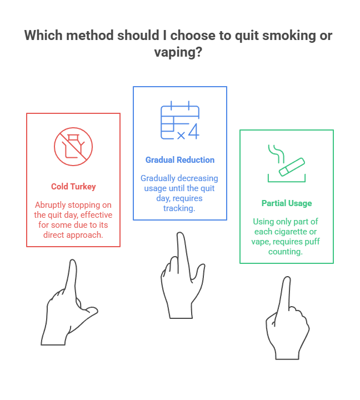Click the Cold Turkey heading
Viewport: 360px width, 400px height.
click(x=73, y=187)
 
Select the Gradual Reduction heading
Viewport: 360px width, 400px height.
click(x=180, y=160)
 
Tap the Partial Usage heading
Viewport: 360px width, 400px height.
click(x=286, y=203)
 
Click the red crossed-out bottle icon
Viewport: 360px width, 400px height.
click(x=73, y=147)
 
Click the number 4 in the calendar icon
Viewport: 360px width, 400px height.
click(x=193, y=133)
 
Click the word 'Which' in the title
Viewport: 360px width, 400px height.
click(x=43, y=36)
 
